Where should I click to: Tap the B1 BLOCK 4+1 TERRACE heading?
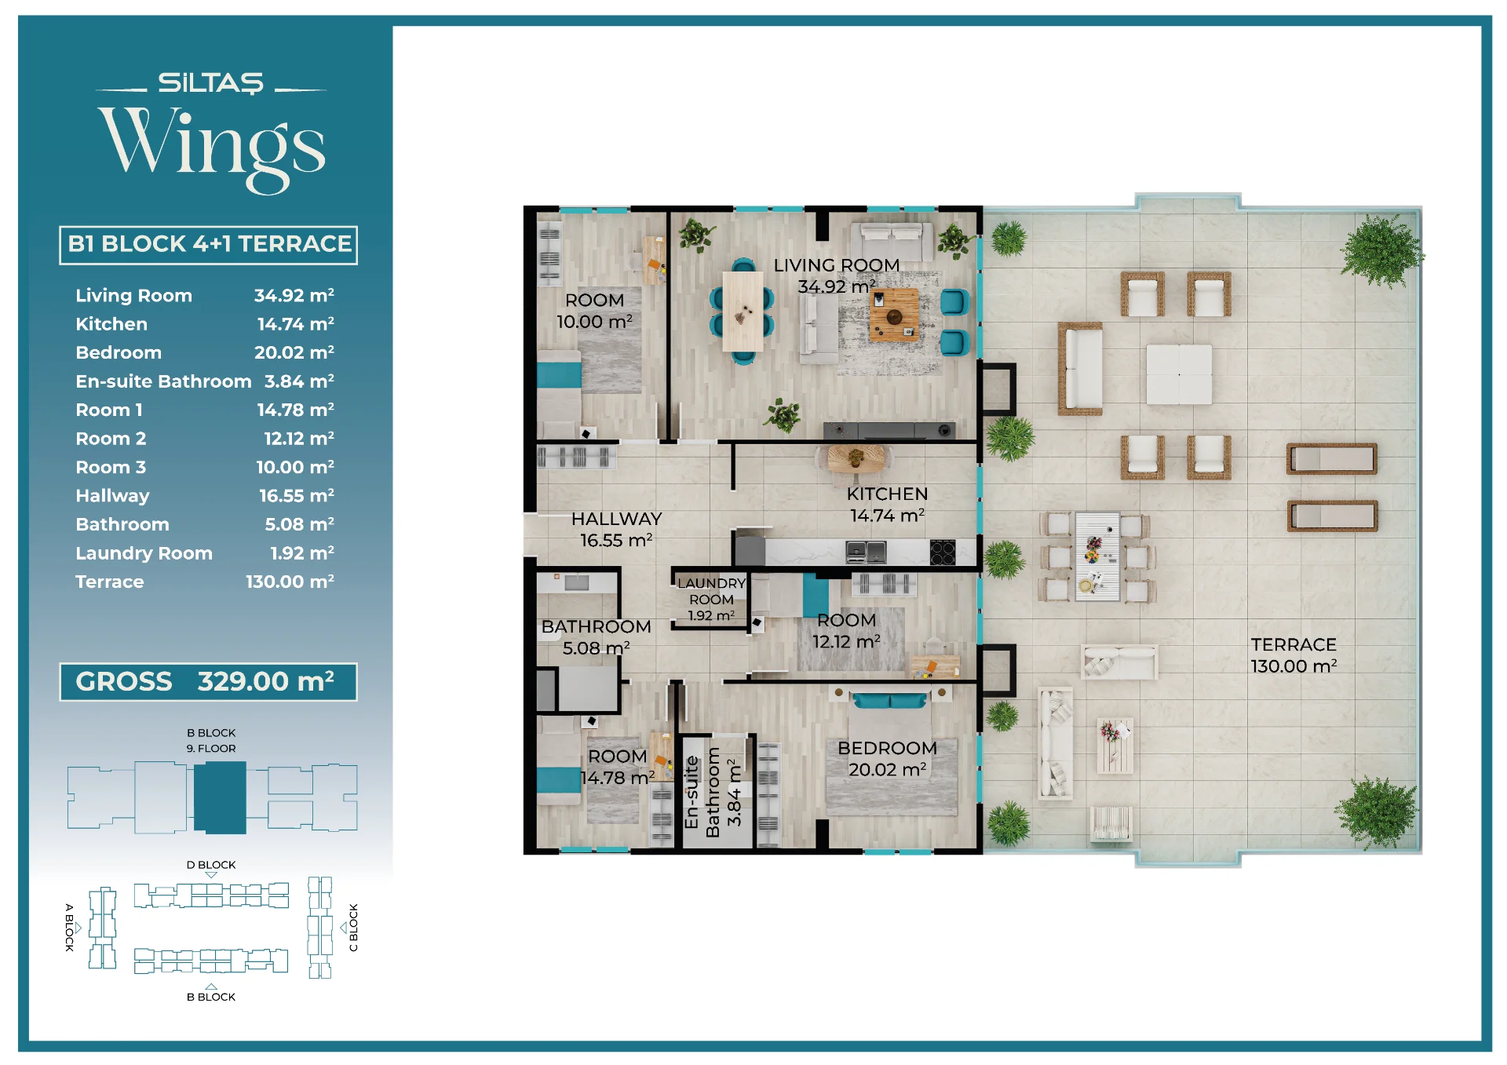[209, 244]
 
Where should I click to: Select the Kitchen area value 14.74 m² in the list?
[295, 324]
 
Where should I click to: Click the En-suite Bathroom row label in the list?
[163, 381]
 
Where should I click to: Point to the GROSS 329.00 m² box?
[208, 681]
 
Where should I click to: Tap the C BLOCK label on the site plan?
[353, 928]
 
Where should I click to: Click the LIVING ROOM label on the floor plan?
[837, 265]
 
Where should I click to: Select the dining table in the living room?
[743, 311]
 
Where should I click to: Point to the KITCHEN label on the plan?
[887, 494]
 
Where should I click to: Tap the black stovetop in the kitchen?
[943, 553]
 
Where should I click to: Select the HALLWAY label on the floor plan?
[616, 519]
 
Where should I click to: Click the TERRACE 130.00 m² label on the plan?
[1294, 655]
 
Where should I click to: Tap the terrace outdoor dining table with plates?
[1097, 556]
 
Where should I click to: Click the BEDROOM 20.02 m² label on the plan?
[887, 759]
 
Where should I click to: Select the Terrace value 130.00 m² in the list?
[290, 582]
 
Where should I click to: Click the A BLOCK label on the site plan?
[69, 928]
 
